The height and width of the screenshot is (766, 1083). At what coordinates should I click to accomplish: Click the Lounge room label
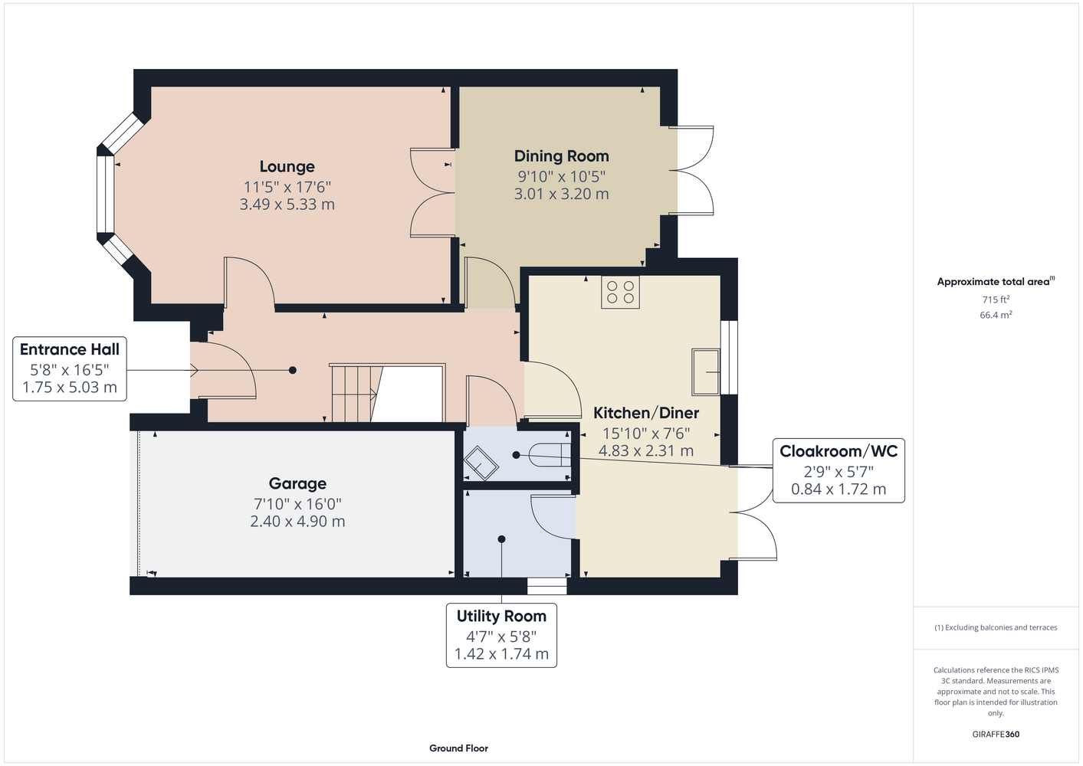[287, 167]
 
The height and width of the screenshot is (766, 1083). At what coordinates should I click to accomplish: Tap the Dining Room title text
[561, 156]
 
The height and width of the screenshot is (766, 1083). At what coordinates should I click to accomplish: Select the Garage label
[297, 483]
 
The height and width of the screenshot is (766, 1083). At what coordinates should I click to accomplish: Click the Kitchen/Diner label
[646, 413]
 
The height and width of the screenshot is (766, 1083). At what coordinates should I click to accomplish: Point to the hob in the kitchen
[620, 292]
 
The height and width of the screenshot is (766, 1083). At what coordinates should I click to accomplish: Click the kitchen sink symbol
[706, 372]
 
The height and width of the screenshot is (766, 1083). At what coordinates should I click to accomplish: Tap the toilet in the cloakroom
[550, 455]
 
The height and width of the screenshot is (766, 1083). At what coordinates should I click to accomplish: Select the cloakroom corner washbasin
[481, 463]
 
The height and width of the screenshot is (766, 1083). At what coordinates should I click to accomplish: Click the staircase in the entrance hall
[387, 393]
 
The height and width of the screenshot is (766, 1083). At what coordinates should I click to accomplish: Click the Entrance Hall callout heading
[70, 349]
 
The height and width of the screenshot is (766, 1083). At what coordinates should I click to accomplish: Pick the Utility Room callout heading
[501, 616]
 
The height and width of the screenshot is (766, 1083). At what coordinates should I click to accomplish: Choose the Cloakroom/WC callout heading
[839, 451]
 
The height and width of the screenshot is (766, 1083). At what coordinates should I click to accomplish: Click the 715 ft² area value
[996, 300]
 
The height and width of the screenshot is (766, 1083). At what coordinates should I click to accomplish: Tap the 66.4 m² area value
[996, 315]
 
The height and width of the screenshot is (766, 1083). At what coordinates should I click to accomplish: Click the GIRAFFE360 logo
[996, 734]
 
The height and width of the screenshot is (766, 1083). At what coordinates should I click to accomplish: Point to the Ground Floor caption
[458, 748]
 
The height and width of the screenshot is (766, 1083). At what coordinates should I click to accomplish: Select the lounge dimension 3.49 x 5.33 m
[287, 205]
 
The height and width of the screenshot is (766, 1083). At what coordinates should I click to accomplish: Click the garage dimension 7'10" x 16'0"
[297, 504]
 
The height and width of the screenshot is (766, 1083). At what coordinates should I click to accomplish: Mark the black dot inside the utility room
[501, 538]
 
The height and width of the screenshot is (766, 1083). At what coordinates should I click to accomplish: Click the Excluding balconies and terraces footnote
[996, 628]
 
